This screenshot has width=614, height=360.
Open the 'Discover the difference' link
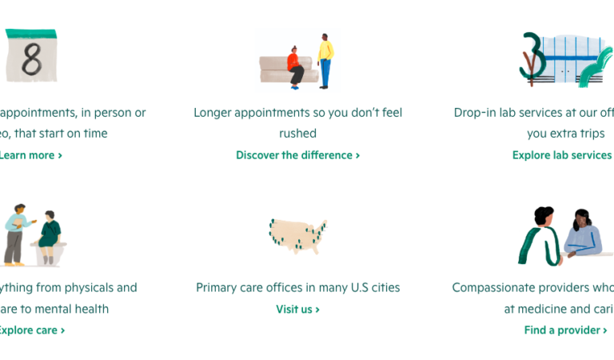coord(297,155)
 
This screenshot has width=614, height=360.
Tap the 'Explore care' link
coord(30,330)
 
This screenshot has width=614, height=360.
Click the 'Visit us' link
coord(297,309)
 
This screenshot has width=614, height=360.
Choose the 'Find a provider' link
coord(564,330)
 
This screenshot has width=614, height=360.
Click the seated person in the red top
coord(294,64)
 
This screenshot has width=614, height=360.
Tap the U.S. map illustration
coord(297,236)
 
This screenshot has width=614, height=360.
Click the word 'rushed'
coord(297,134)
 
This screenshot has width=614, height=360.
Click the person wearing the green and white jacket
coord(539,238)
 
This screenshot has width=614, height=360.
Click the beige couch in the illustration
coord(276,70)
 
